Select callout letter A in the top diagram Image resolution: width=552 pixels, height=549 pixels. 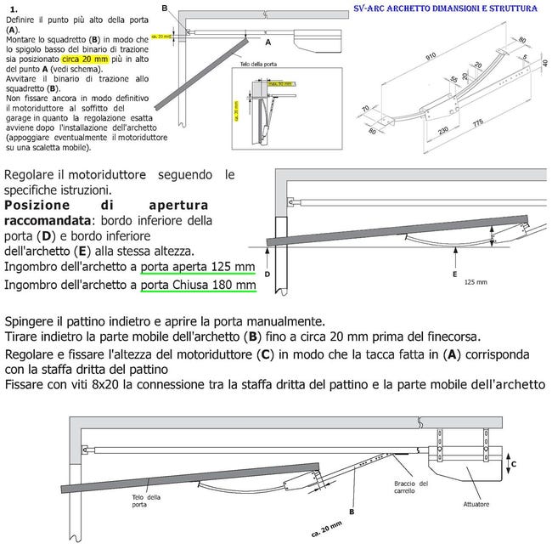tap(268, 41)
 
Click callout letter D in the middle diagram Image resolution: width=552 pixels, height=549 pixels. tap(268, 274)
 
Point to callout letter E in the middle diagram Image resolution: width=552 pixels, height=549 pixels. tap(457, 274)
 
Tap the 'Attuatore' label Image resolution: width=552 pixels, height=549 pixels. tap(476, 504)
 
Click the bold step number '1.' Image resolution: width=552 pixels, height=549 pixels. tap(14, 8)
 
